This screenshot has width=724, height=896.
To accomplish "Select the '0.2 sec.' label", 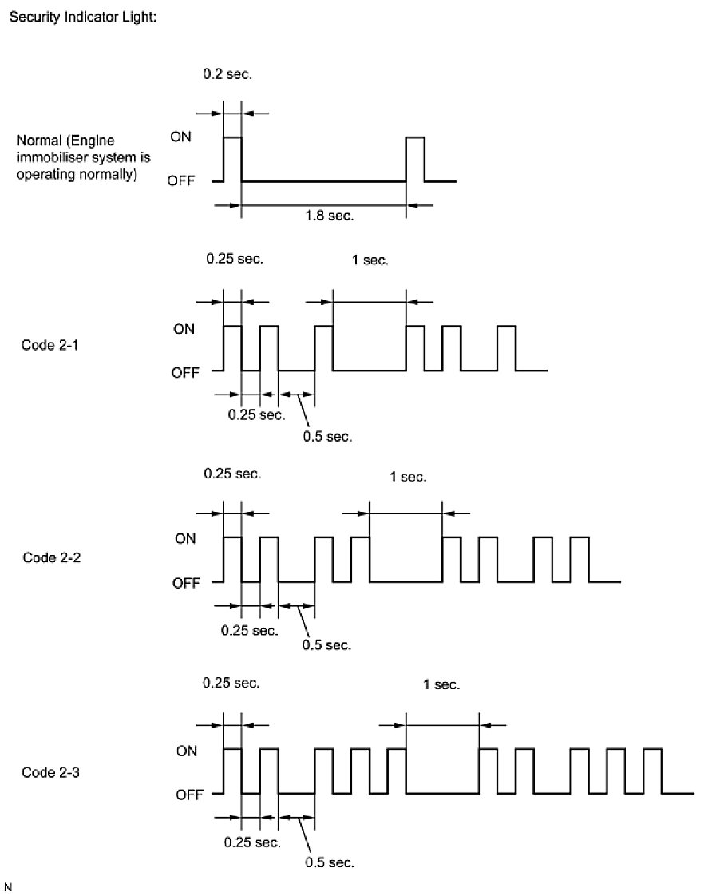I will pos(228,75).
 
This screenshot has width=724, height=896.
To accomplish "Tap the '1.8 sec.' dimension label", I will pos(329,216).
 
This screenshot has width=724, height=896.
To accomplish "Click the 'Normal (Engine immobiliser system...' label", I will pos(83,158).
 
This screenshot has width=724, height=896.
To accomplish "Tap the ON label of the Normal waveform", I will pos(180,137).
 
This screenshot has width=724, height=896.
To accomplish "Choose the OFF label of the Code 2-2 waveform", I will pos(185,583).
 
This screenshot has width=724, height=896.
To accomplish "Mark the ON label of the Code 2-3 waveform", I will pos(185,751).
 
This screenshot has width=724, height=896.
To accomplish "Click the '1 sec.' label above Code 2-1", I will pos(370,260).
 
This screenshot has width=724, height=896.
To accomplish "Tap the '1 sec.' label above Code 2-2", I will pos(409,478).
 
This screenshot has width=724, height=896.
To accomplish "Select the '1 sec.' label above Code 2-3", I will pos(441,685).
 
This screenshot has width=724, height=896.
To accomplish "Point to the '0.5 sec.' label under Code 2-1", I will pos(327,437).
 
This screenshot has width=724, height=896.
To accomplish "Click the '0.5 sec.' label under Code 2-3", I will pos(330,862).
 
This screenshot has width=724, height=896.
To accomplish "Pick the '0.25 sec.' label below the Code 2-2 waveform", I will pos(250,631).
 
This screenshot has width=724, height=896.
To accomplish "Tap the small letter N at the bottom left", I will pos(9,886).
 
